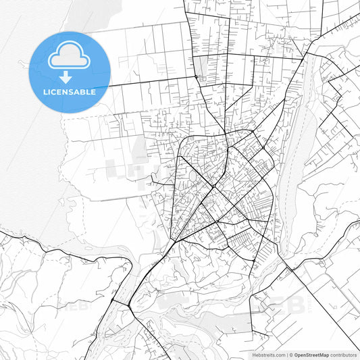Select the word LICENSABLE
point(70,92)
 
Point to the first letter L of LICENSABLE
point(45,92)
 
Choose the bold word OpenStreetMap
point(311,355)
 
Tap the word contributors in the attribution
point(343,355)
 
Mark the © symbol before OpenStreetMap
point(290,355)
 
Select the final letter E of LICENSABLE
point(93,92)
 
